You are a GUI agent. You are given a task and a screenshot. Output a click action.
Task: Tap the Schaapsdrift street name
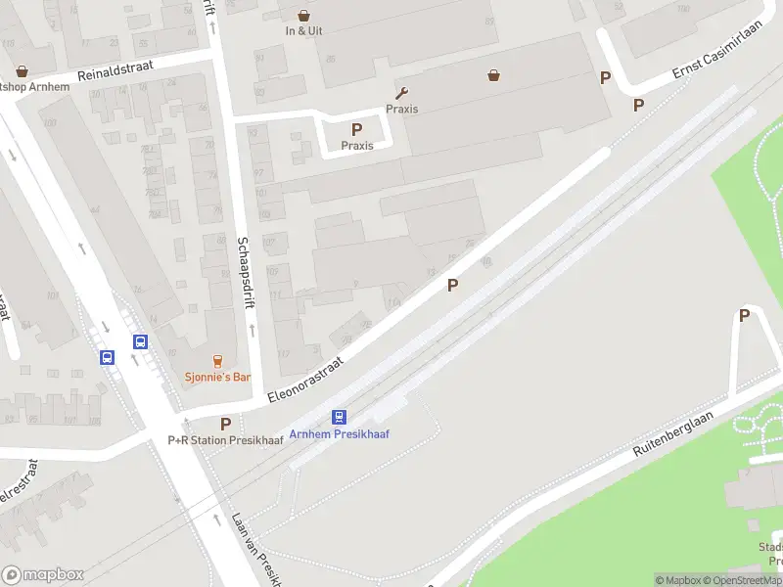[244, 273]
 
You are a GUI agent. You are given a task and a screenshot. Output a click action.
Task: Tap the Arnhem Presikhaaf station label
[339, 433]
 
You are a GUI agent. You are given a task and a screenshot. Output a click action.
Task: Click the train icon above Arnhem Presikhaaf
[340, 417]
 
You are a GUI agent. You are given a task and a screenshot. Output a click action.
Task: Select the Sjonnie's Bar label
[217, 377]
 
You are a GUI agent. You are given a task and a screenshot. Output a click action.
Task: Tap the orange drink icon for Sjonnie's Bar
[217, 361]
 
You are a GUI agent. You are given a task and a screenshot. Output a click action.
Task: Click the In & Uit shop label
[303, 30]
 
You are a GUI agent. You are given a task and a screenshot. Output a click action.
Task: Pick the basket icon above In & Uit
[303, 15]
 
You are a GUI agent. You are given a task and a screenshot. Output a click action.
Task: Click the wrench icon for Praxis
[401, 94]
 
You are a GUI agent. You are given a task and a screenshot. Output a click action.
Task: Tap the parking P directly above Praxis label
[357, 129]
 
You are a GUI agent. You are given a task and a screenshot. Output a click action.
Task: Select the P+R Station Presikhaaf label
[225, 440]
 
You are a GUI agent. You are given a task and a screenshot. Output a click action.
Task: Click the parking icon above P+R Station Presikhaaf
[225, 424]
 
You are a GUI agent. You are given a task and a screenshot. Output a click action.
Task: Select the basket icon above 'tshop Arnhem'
[22, 70]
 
